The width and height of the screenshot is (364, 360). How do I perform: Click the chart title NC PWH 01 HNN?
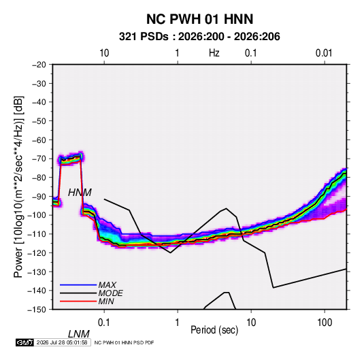[x=199, y=19]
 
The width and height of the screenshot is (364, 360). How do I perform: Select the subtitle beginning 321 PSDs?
[x=199, y=37]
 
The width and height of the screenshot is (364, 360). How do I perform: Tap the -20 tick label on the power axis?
[x=39, y=65]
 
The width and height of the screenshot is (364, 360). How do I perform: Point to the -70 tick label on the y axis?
[x=39, y=159]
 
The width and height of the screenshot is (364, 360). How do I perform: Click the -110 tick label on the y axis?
[x=37, y=234]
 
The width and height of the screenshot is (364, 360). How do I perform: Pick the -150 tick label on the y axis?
[x=37, y=310]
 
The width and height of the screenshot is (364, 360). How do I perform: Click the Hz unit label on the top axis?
[x=214, y=53]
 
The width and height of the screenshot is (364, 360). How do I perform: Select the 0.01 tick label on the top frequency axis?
[x=324, y=53]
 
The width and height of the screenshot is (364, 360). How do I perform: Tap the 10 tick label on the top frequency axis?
[x=104, y=53]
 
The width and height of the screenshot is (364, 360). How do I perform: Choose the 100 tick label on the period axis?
[x=325, y=323]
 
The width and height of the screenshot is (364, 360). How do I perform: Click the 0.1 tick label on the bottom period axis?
[x=104, y=323]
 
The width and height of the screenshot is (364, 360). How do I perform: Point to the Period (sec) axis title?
[x=214, y=330]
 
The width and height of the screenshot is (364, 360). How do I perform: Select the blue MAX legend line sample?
[x=78, y=284]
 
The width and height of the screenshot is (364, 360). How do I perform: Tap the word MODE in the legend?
[x=110, y=293]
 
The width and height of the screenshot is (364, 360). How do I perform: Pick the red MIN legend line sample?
[x=78, y=301]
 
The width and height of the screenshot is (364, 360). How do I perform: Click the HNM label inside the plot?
[x=80, y=193]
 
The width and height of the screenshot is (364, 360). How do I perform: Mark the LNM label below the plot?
[x=79, y=334]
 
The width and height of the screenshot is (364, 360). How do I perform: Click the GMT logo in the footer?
[x=24, y=342]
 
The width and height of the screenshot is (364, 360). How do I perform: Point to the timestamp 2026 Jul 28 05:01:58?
[x=62, y=342]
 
